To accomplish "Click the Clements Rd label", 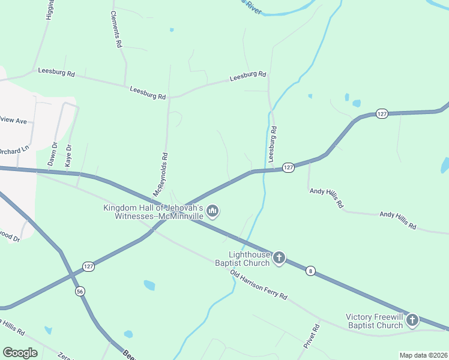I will point(116,29).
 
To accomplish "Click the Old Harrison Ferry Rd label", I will point(259,285).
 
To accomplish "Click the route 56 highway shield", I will point(80,291).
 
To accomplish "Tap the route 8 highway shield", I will point(310,271).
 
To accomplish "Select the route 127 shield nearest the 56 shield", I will point(88,266).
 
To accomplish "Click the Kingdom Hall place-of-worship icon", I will point(212,211).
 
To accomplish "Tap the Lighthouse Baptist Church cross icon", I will point(279,259).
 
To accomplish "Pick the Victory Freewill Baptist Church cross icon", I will point(412,320).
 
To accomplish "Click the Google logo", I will point(20,352).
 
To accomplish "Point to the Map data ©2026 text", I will point(423,355).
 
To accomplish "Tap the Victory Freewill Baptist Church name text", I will point(375,321).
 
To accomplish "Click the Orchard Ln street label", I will point(14,150).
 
